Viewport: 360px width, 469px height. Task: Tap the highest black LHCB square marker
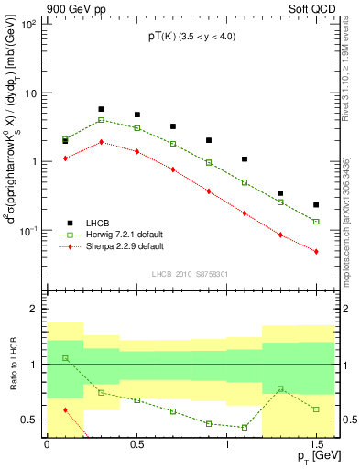coord(101,109)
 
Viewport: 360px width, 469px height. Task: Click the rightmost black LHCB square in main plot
coord(316,204)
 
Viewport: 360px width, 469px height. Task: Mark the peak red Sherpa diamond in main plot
coord(101,142)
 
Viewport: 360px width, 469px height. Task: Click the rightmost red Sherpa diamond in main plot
coord(316,251)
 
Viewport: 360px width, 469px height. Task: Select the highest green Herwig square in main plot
coord(101,120)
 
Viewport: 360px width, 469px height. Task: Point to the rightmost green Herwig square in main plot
coord(316,222)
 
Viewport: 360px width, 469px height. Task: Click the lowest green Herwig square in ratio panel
coord(245,428)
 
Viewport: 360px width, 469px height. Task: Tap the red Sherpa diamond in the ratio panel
coord(65,410)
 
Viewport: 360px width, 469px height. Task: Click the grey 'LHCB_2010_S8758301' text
coord(189,273)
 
